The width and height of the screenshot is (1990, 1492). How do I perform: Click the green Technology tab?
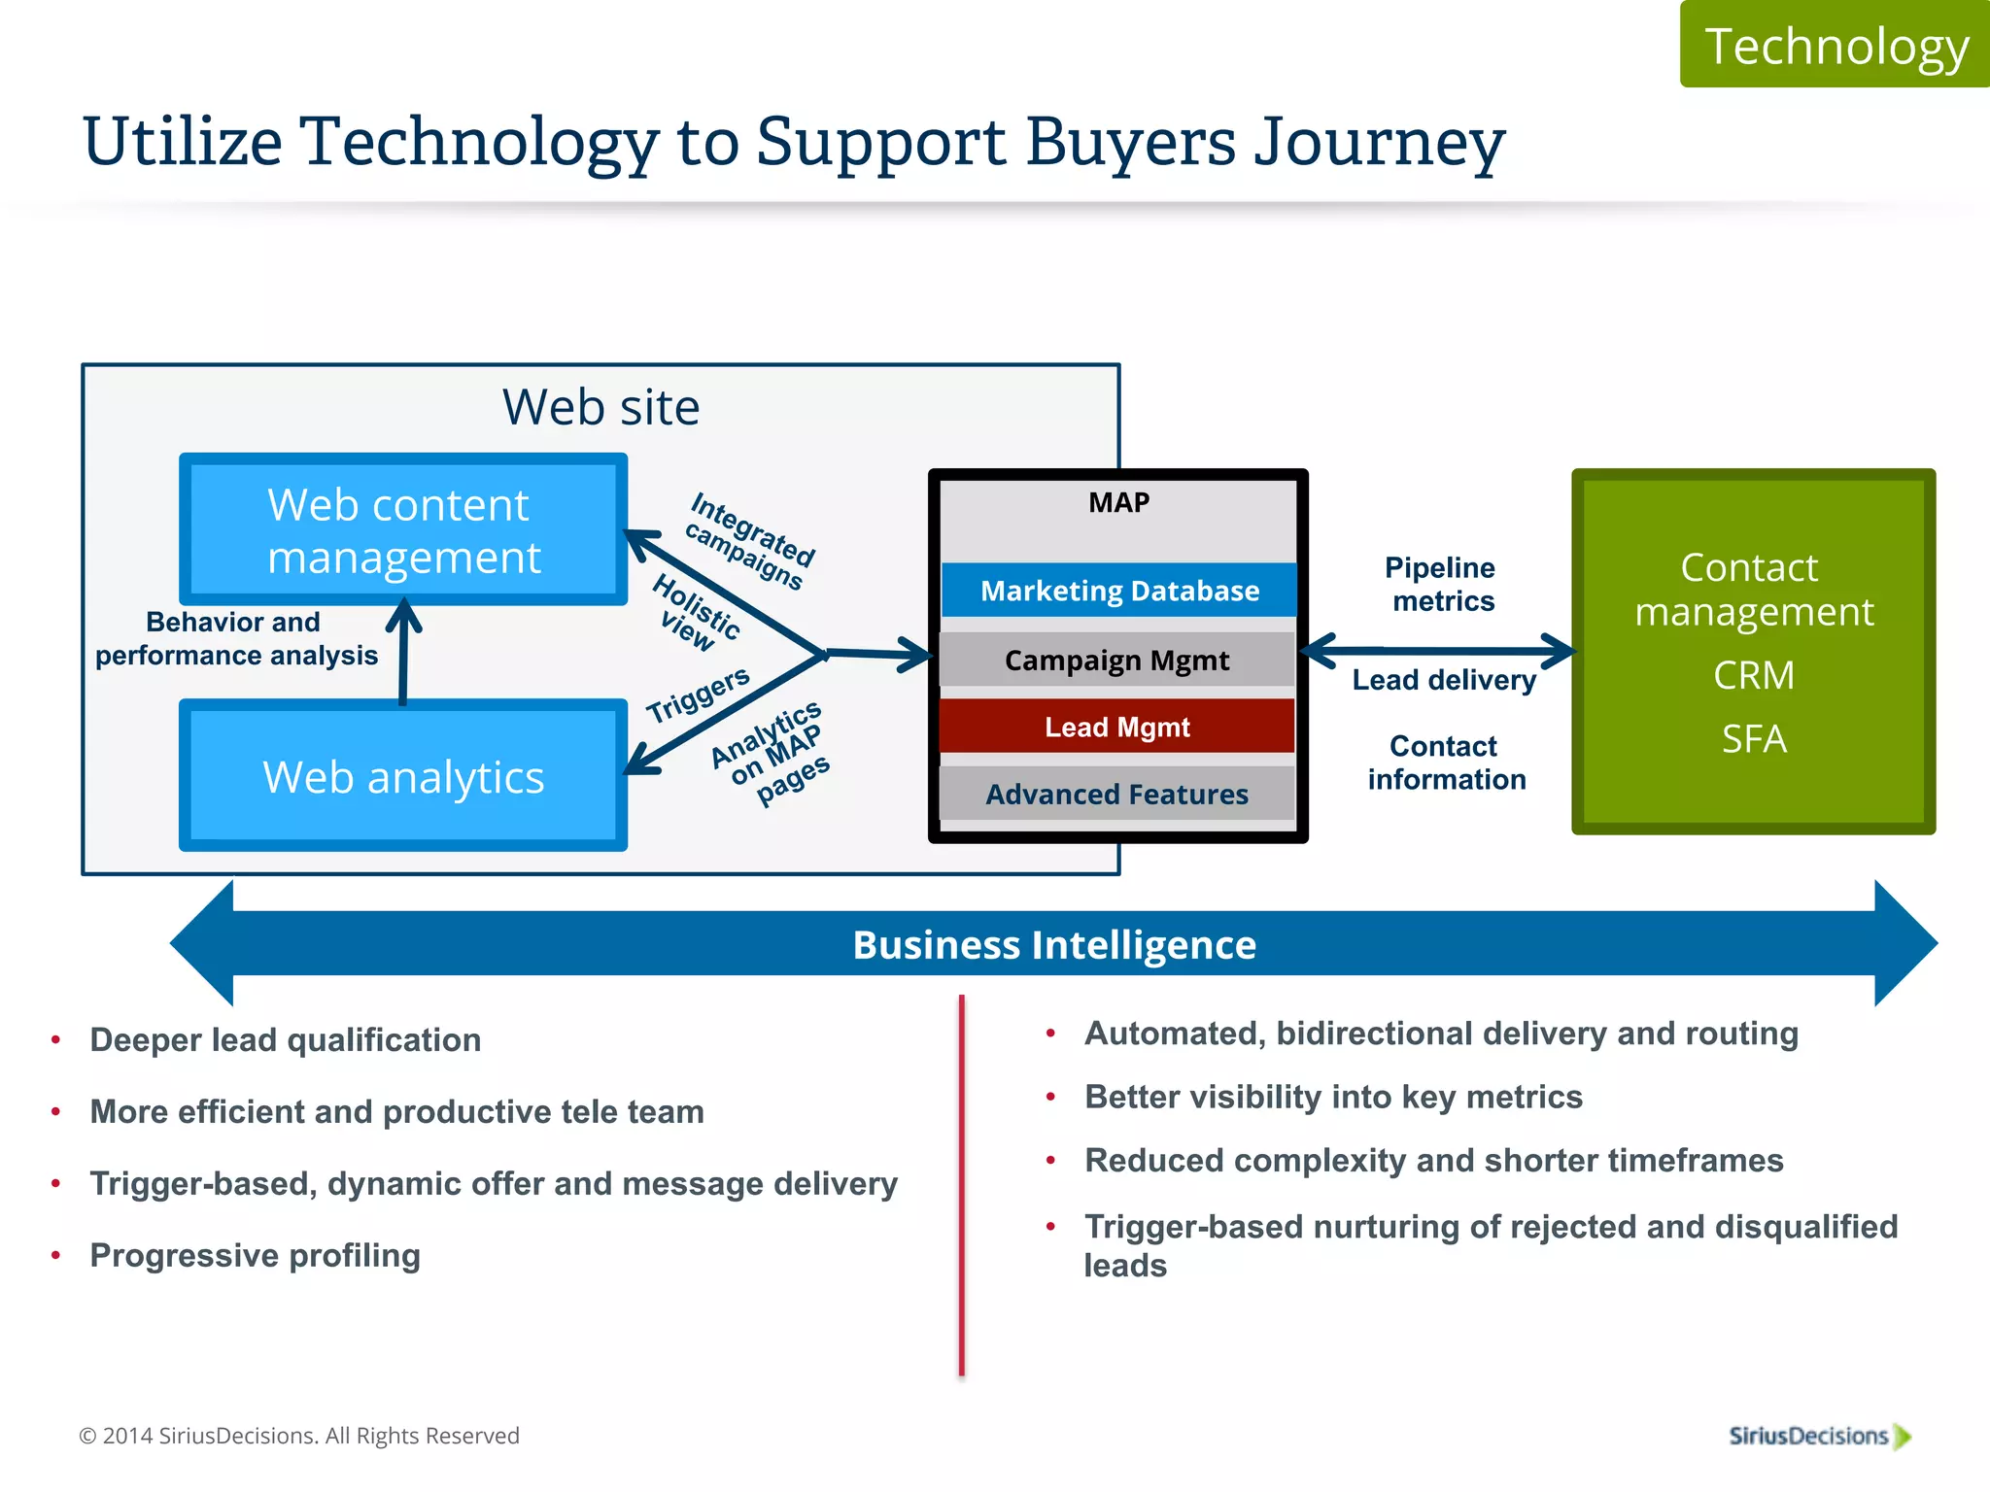click(1835, 46)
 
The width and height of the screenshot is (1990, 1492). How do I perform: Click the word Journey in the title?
click(1379, 143)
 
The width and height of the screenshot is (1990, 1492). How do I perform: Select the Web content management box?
click(402, 530)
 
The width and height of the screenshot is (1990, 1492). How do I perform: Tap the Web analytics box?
click(402, 777)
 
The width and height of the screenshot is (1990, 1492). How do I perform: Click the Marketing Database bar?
click(1118, 591)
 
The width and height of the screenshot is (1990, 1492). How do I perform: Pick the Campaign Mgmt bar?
click(1116, 661)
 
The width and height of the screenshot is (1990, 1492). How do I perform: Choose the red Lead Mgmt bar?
click(1116, 727)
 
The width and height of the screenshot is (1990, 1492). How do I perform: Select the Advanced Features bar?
click(1116, 795)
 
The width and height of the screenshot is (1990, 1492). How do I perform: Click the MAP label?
click(1118, 502)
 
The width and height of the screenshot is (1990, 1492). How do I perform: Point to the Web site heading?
click(600, 407)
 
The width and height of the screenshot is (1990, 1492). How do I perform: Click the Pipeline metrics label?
click(1442, 584)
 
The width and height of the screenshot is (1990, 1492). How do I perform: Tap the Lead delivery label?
click(1444, 680)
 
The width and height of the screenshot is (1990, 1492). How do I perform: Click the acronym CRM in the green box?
click(1753, 675)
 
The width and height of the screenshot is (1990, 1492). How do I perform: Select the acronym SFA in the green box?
click(1753, 739)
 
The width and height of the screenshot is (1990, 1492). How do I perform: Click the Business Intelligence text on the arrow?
click(1054, 944)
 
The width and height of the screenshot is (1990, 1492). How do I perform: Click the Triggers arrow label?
click(698, 694)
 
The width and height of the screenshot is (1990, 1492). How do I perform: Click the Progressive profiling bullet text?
click(255, 1255)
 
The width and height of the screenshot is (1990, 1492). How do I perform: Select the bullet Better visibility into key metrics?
click(1332, 1097)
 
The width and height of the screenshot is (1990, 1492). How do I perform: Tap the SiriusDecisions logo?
click(1818, 1436)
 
